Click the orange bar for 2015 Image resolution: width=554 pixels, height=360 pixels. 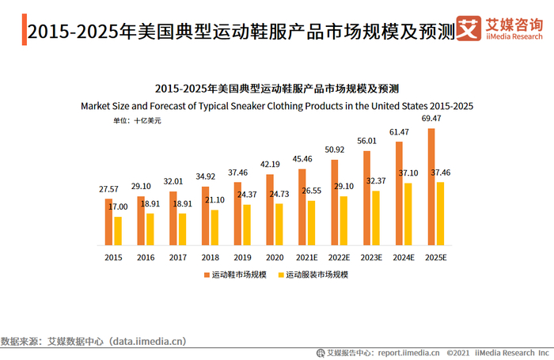pyautogui.click(x=109, y=222)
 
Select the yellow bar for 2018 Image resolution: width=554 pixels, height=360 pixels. pyautogui.click(x=215, y=227)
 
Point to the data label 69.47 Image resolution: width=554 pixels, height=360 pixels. pyautogui.click(x=431, y=118)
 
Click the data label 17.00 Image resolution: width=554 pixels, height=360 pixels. pyautogui.click(x=117, y=207)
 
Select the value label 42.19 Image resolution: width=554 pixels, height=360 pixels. pyautogui.click(x=271, y=165)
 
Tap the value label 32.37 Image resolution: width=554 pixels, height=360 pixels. pyautogui.click(x=377, y=181)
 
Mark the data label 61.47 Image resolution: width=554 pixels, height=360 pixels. pyautogui.click(x=399, y=131)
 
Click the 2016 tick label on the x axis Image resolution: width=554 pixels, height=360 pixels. pyautogui.click(x=146, y=257)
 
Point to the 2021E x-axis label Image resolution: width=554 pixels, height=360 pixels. pyautogui.click(x=307, y=257)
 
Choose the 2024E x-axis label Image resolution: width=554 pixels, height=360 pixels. pyautogui.click(x=404, y=257)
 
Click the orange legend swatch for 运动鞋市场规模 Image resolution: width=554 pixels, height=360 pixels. pyautogui.click(x=207, y=275)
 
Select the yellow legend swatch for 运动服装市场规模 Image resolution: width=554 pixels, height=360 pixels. pyautogui.click(x=281, y=275)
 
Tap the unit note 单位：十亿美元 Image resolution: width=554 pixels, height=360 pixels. pyautogui.click(x=137, y=121)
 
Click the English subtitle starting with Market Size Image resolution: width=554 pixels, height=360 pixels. pyautogui.click(x=276, y=105)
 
